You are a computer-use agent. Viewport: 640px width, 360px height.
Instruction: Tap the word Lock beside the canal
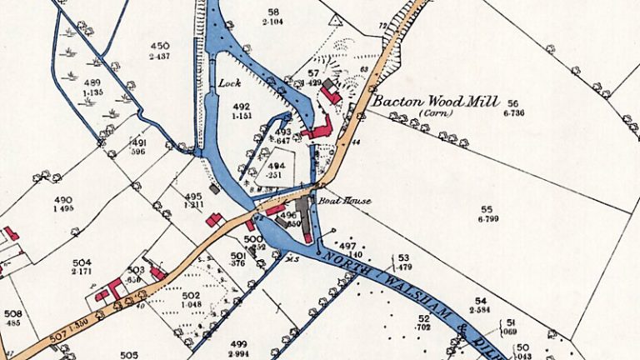[x=229, y=84]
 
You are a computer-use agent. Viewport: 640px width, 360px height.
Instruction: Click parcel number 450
[x=159, y=46]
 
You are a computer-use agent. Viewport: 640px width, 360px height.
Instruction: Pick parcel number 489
[x=92, y=82]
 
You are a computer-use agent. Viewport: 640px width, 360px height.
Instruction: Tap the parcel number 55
[x=487, y=208]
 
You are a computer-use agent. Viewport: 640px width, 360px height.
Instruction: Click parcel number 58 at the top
[x=273, y=11]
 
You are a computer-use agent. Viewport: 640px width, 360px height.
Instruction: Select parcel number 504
[x=81, y=262]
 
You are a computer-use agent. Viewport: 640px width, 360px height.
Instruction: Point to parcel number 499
[x=239, y=344]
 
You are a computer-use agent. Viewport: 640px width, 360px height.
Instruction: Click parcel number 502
[x=191, y=295]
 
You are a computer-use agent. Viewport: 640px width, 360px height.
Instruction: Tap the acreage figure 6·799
[x=487, y=219]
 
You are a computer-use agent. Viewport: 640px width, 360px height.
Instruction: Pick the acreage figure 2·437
[x=159, y=56]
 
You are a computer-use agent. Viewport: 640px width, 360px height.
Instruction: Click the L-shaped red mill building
[x=319, y=128]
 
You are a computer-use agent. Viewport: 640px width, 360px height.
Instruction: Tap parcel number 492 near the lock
[x=241, y=107]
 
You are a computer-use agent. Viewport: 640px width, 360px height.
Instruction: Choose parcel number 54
[x=479, y=301]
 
